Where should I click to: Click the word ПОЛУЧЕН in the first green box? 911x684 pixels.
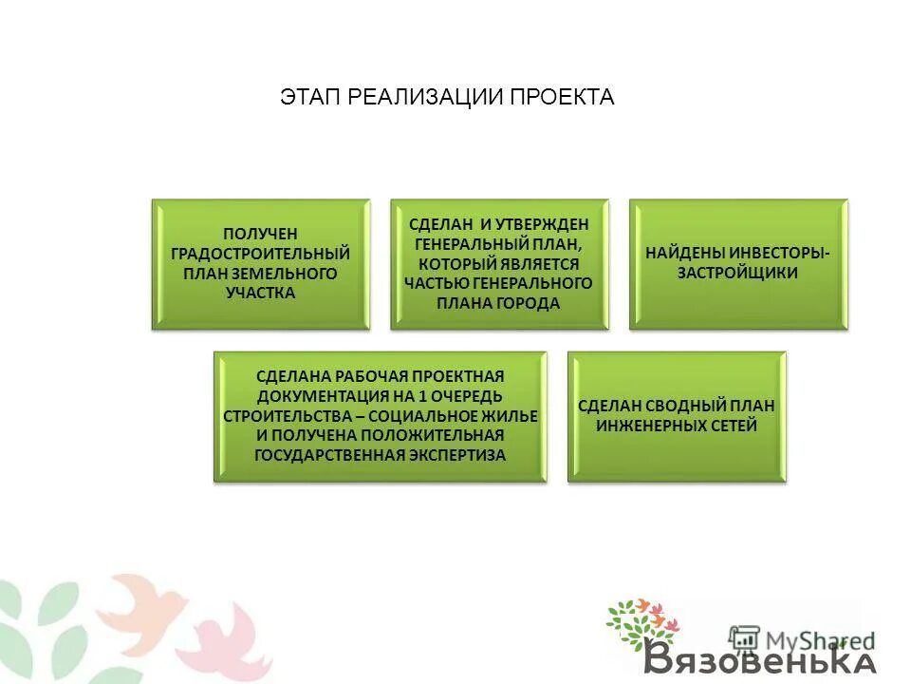click(260, 234)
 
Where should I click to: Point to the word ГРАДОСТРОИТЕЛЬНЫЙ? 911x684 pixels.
click(260, 254)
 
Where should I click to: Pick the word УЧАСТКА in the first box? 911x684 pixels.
click(260, 293)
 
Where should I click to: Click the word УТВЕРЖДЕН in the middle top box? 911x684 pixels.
click(545, 224)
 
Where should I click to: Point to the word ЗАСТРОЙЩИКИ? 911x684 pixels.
click(737, 273)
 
